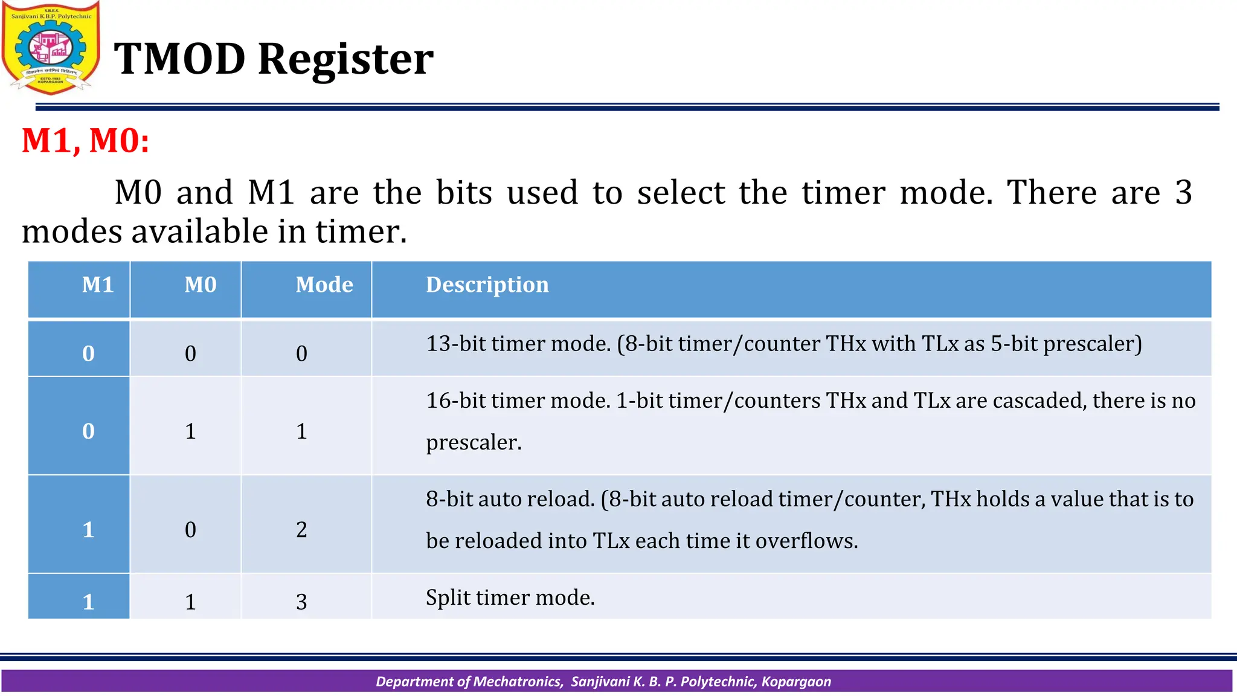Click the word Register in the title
[345, 59]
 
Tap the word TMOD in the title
[179, 59]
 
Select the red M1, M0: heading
[85, 141]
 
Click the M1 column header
[97, 285]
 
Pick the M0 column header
[200, 285]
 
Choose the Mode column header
[324, 285]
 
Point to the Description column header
[487, 285]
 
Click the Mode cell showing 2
[301, 530]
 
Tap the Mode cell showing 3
[301, 602]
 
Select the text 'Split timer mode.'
[510, 598]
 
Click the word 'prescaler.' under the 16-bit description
[473, 443]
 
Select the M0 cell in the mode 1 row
[190, 431]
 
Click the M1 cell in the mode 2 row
[88, 530]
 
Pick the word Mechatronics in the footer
[518, 681]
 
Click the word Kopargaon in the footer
[796, 681]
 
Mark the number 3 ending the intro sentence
[1183, 193]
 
